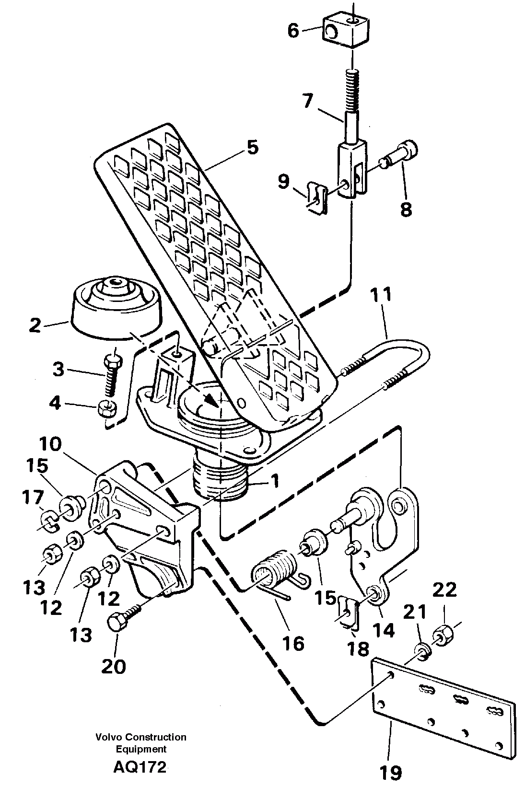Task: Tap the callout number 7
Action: click(307, 102)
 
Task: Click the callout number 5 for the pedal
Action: click(252, 147)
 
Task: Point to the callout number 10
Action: click(61, 444)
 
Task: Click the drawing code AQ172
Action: click(140, 767)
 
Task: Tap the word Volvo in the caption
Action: click(108, 737)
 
